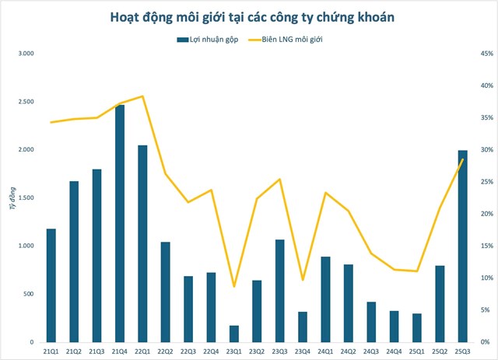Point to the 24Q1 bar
coord(326,299)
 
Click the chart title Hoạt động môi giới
coord(248,16)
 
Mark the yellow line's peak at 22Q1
coord(142,96)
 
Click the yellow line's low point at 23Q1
coord(234,287)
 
